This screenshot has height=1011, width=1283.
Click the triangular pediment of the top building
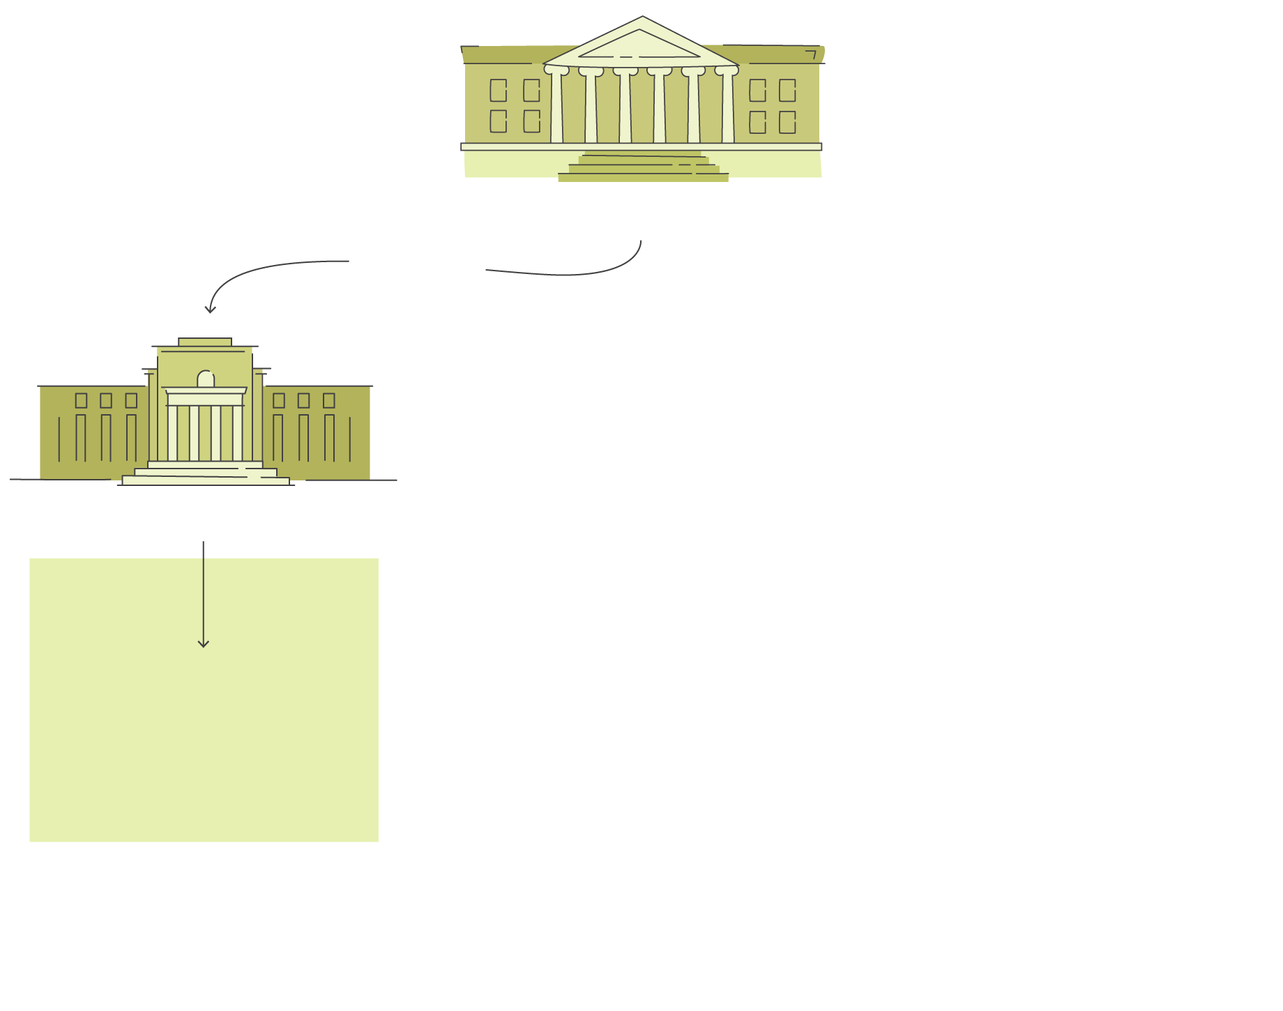point(640,43)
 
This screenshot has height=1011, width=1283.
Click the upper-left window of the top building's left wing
point(498,90)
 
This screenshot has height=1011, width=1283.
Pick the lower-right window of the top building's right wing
point(787,122)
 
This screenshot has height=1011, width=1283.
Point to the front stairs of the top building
point(643,168)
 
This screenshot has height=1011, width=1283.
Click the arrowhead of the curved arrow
point(209,310)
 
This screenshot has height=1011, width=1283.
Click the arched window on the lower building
point(206,379)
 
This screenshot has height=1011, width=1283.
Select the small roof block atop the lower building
point(205,342)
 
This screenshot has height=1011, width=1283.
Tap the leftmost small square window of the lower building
point(81,400)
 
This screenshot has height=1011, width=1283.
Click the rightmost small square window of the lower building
point(329,400)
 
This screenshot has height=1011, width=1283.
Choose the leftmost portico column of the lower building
point(172,432)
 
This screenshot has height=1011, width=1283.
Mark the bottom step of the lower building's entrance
point(206,480)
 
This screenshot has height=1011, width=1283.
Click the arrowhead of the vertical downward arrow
point(203,644)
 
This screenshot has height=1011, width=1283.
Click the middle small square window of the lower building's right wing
point(303,400)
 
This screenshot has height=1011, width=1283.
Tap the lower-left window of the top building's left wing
point(498,121)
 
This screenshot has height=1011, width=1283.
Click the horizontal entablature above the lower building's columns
point(206,398)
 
